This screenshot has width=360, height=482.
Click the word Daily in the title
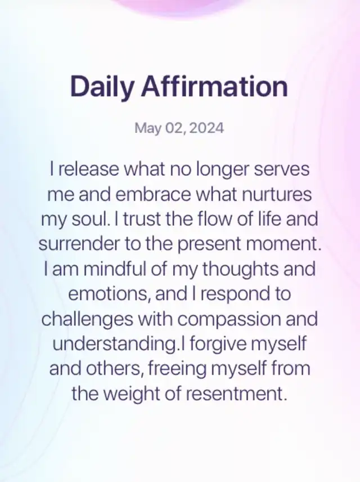pos(102,87)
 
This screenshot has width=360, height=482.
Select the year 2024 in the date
pos(206,128)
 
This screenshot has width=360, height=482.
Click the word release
pos(88,169)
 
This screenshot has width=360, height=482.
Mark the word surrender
pos(79,244)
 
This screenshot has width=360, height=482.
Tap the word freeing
pos(177,369)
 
